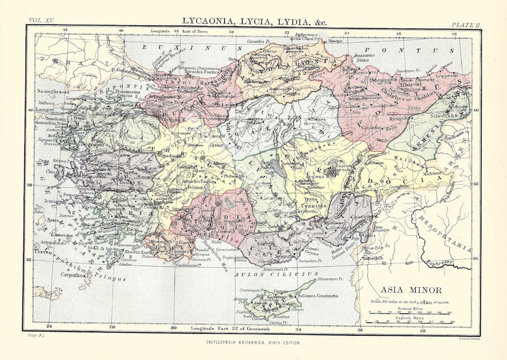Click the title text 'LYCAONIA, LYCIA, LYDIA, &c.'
tap(255, 21)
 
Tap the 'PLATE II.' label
tap(466, 25)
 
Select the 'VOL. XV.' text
tap(40, 25)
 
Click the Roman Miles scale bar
tap(408, 313)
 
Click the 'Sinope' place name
tap(335, 41)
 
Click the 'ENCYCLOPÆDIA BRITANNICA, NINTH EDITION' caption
tap(253, 343)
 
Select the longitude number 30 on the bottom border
tap(172, 328)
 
